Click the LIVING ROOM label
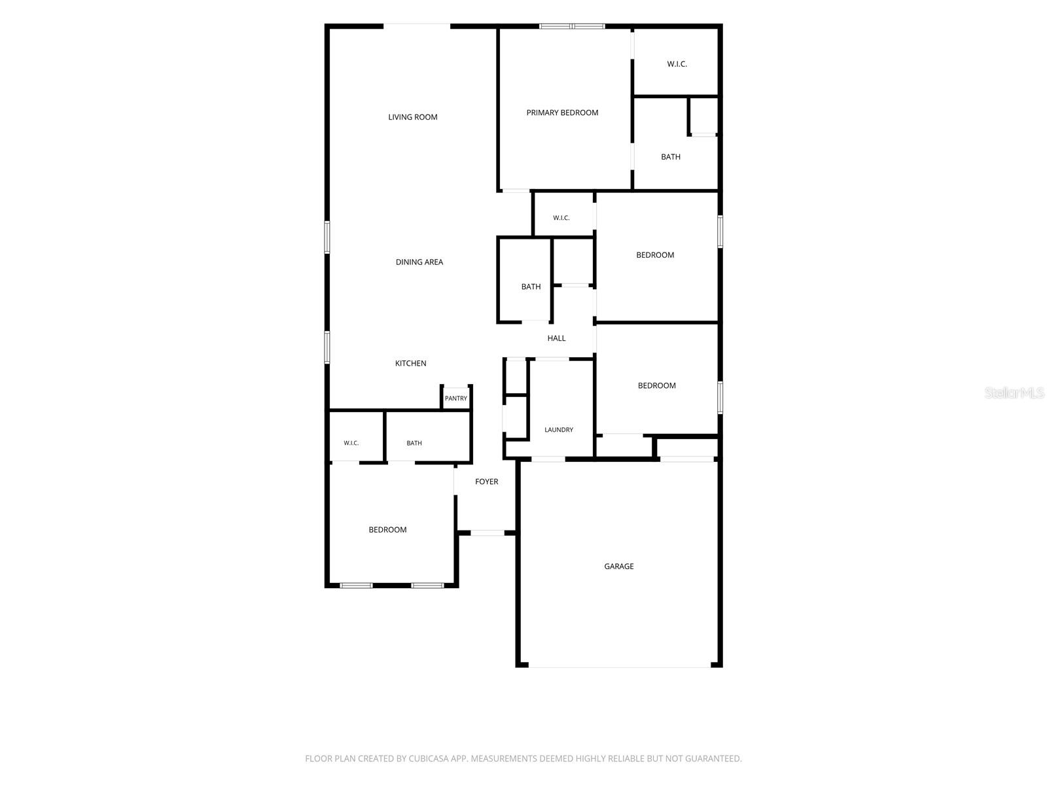click(413, 117)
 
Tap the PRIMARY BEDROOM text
click(562, 113)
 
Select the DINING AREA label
click(419, 262)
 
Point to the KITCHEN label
click(411, 364)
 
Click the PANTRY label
click(456, 398)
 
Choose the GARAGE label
click(618, 567)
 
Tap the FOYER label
click(487, 482)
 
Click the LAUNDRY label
click(559, 430)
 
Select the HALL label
click(556, 338)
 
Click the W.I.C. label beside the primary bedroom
click(677, 64)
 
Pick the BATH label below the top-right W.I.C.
click(671, 157)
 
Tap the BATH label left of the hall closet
click(531, 287)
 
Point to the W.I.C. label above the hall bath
click(561, 218)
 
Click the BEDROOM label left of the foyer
click(387, 530)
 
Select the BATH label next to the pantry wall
click(414, 444)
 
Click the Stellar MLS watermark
click(1014, 392)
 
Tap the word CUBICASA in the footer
click(428, 759)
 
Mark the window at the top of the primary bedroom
click(572, 26)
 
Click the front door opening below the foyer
click(487, 533)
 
